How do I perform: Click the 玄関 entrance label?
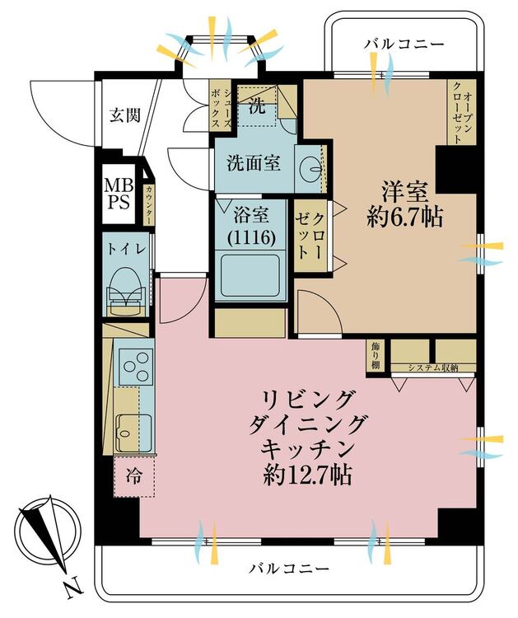(x=125, y=115)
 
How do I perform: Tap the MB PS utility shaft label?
(x=119, y=194)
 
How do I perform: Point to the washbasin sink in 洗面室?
(x=311, y=170)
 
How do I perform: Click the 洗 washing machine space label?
(x=257, y=106)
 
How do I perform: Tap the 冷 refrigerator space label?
(x=133, y=476)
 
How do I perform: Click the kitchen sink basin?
(x=133, y=433)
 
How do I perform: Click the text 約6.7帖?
(x=404, y=217)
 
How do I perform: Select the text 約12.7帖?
(x=307, y=475)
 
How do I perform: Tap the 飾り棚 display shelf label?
(x=375, y=356)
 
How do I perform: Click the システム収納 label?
(x=433, y=368)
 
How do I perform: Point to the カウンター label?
(x=149, y=205)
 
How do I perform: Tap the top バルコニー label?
(x=404, y=44)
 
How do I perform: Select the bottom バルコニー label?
(x=289, y=569)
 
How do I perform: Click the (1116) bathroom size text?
(x=250, y=237)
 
